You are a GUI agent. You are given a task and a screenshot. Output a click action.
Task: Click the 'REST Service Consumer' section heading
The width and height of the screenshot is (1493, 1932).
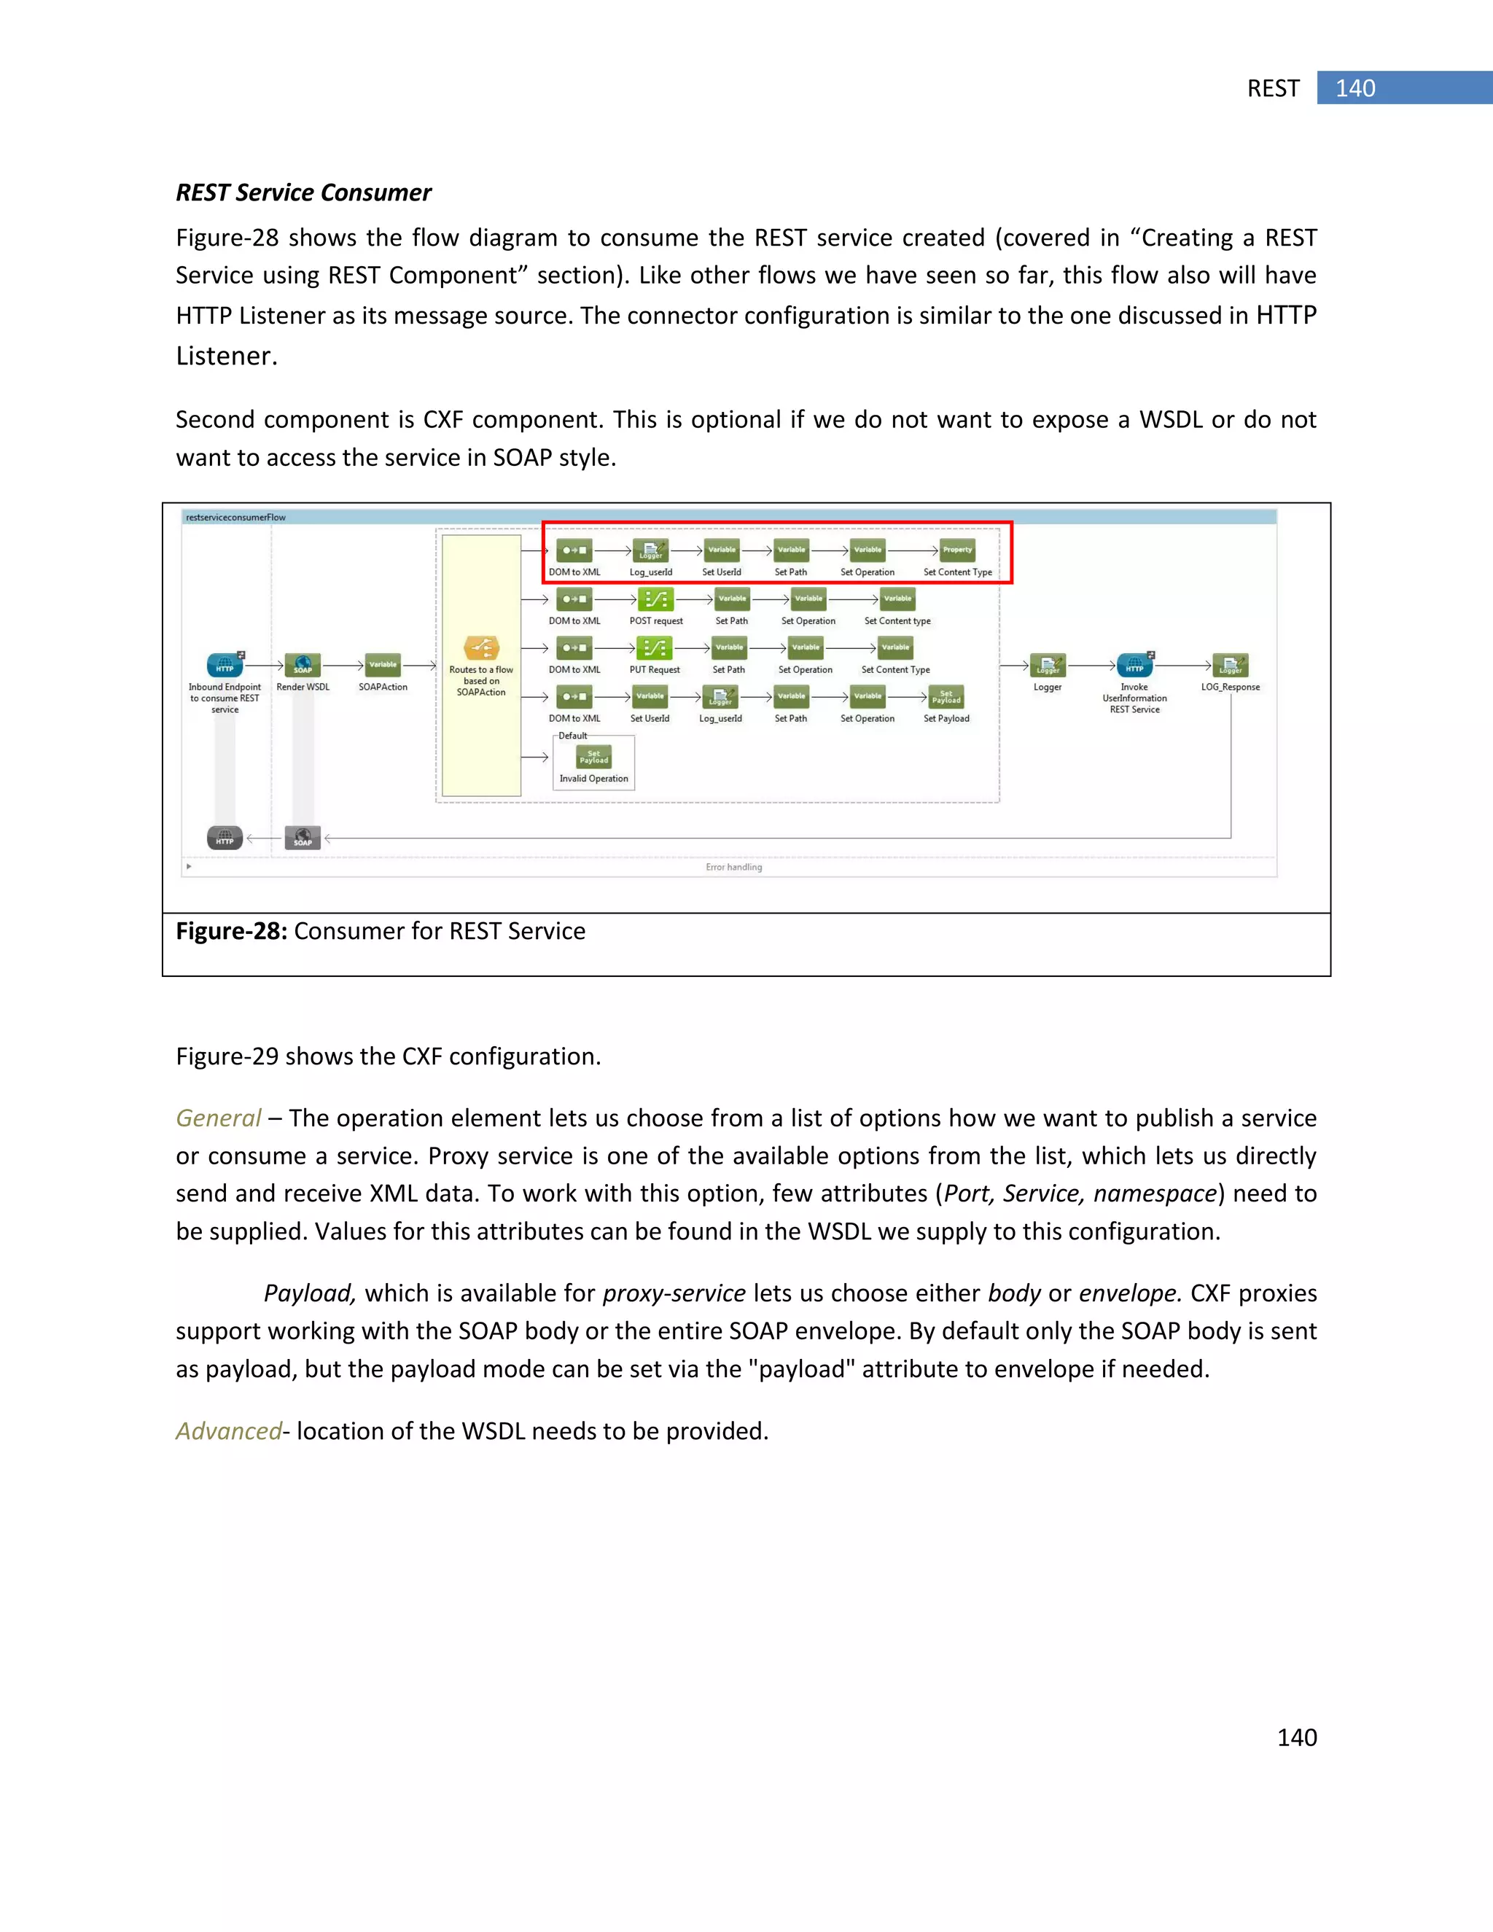click(x=303, y=193)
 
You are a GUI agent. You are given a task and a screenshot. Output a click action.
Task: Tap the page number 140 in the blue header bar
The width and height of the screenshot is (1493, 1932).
click(x=1354, y=88)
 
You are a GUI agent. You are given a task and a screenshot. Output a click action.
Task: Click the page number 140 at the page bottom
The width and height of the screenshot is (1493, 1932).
click(x=1297, y=1737)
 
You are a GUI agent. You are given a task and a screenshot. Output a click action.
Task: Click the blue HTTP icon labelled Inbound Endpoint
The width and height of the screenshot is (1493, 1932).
click(x=225, y=664)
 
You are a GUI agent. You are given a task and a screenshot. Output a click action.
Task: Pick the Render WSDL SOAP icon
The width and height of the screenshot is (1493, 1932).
click(x=303, y=664)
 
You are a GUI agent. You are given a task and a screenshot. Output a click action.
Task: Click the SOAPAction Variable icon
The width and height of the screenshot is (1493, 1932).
click(x=383, y=664)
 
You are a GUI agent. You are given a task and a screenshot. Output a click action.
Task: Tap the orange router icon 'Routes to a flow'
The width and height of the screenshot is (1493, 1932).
click(x=481, y=648)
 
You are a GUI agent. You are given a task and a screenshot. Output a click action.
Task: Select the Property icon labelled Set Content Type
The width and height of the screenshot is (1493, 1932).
click(x=957, y=550)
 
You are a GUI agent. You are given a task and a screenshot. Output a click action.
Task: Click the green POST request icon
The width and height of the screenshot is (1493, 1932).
click(x=655, y=599)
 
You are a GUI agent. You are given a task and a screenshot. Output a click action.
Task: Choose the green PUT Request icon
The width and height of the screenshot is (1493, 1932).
click(x=655, y=647)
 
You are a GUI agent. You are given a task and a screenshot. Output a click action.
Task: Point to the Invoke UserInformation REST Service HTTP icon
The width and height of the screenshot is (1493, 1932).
click(x=1134, y=664)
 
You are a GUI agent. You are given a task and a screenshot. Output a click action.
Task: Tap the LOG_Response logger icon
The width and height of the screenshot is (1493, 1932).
click(x=1231, y=664)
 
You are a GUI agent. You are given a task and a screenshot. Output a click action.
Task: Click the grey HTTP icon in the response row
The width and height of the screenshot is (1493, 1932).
click(x=225, y=837)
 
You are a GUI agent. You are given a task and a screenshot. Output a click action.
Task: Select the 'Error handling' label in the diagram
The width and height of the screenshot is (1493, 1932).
click(x=733, y=867)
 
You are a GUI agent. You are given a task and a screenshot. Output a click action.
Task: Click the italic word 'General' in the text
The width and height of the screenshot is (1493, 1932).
click(x=217, y=1118)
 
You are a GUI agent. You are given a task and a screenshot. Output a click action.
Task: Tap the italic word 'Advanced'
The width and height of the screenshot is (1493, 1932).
click(x=228, y=1431)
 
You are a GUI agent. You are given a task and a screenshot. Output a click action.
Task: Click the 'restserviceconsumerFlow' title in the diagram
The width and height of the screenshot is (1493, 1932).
click(x=235, y=518)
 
